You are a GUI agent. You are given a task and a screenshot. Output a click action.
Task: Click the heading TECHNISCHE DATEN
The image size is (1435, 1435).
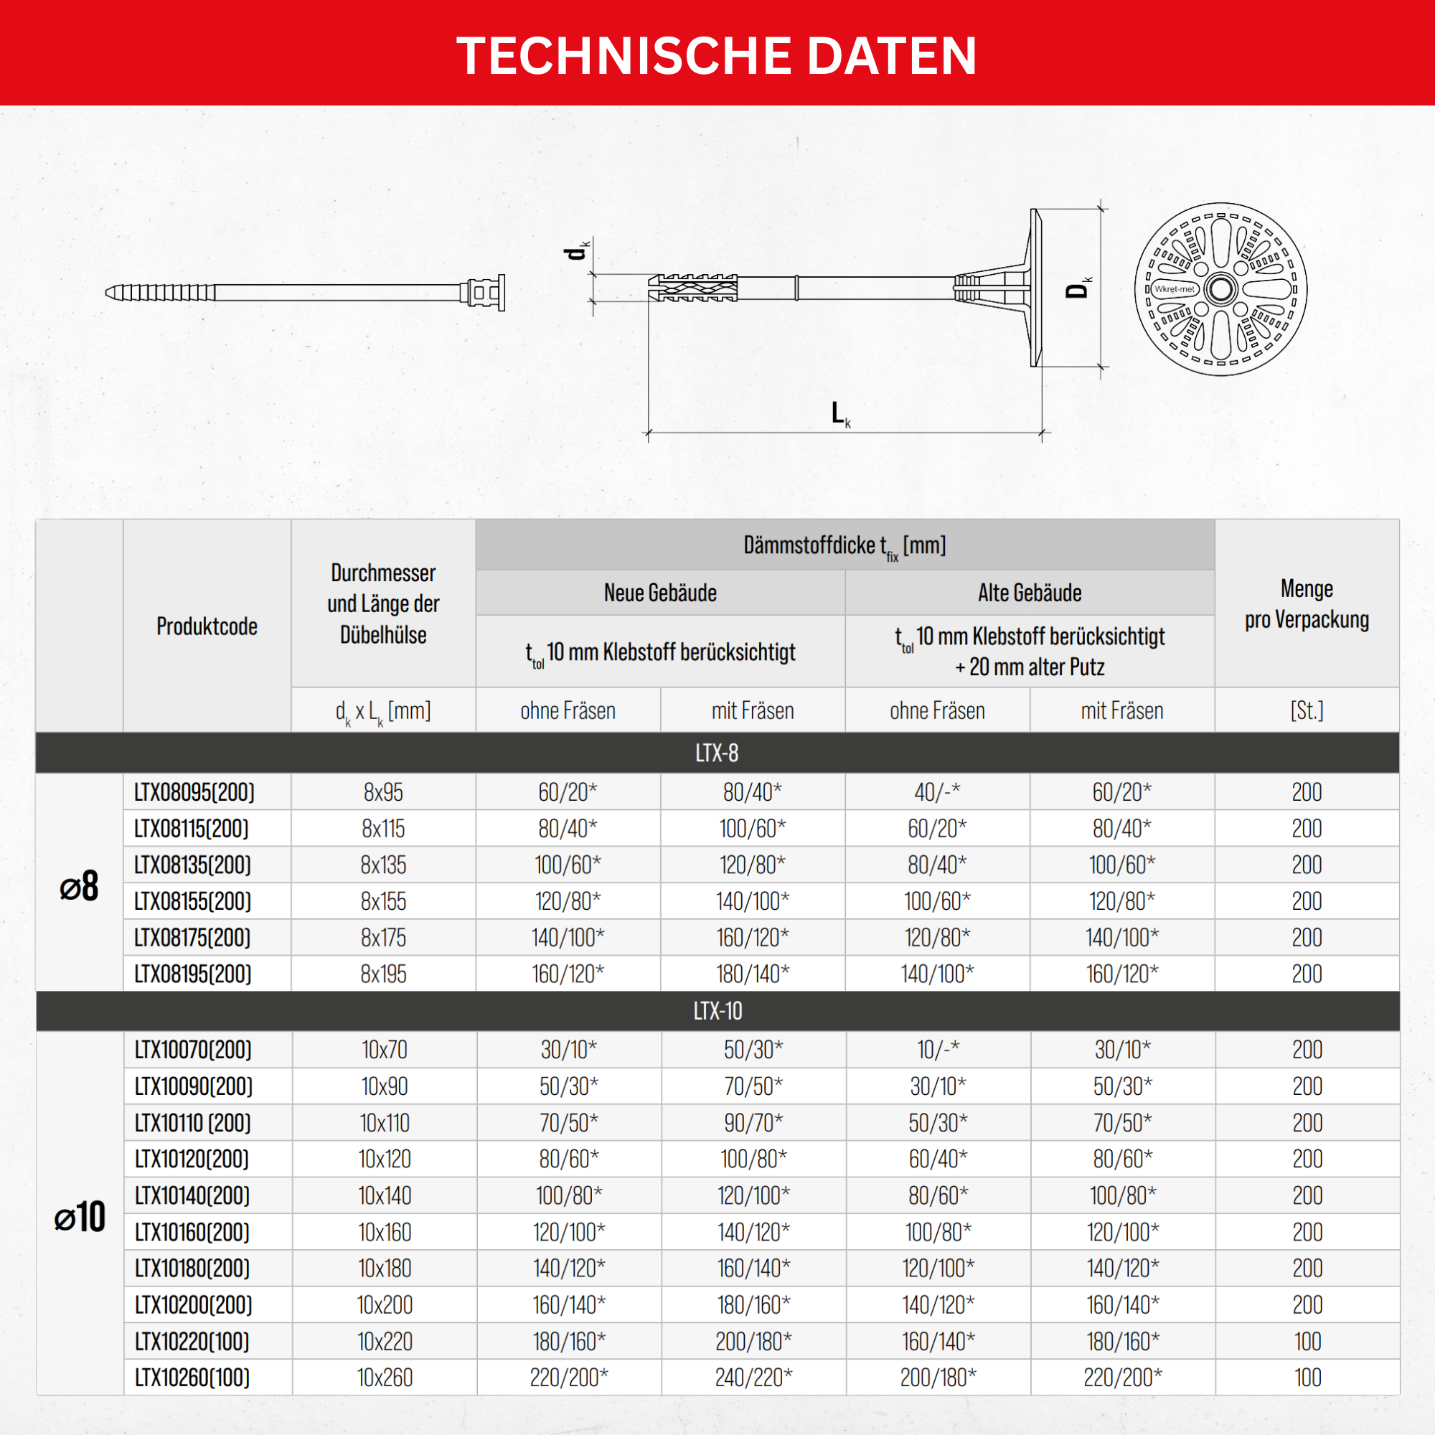tap(717, 56)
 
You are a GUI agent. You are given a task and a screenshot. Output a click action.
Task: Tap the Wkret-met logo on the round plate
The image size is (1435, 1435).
tap(1174, 289)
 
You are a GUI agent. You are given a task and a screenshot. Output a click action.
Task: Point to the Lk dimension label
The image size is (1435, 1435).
tap(840, 414)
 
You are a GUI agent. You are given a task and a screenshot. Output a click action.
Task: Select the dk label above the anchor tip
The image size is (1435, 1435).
tap(576, 250)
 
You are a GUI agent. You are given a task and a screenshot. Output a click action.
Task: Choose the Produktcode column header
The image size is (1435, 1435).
tap(207, 626)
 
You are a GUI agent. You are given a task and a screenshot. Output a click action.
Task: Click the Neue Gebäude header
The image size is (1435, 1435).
tap(659, 593)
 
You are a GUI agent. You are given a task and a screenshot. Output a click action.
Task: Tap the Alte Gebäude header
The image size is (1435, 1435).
tap(1030, 593)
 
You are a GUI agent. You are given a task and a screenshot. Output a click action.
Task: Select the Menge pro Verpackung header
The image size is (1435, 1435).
tap(1307, 604)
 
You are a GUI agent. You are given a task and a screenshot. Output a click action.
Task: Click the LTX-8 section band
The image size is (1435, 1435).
tap(717, 753)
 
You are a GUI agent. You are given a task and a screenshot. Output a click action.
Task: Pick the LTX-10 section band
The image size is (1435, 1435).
tap(717, 1011)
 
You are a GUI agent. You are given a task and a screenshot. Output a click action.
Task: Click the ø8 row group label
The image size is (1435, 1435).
tap(79, 886)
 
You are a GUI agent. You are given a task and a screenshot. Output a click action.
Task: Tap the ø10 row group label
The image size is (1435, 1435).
tap(80, 1217)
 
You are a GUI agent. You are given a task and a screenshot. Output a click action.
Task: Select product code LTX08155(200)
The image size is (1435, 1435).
tap(193, 901)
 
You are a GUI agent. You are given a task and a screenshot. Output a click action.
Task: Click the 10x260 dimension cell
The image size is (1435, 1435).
tap(385, 1378)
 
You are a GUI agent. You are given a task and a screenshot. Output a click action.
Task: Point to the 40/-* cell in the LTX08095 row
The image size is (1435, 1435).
tap(936, 793)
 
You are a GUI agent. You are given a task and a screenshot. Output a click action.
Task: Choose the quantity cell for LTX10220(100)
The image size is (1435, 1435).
tap(1307, 1342)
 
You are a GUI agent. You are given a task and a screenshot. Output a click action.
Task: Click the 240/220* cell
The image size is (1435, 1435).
tap(753, 1378)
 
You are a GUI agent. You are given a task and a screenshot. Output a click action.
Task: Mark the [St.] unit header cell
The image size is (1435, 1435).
tap(1307, 711)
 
